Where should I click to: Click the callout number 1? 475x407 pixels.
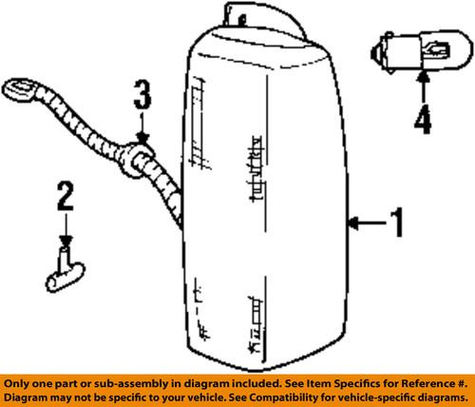click(x=396, y=223)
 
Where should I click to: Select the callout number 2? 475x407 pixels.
click(x=66, y=196)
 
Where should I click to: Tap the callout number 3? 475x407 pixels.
click(x=142, y=94)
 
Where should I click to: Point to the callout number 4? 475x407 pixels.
click(x=423, y=119)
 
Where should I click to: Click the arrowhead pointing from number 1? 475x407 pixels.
click(x=353, y=223)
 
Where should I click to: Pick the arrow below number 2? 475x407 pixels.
click(x=66, y=230)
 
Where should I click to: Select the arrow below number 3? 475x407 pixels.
click(x=142, y=126)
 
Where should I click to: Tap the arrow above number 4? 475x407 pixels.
click(x=424, y=87)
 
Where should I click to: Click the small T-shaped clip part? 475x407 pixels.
click(x=65, y=270)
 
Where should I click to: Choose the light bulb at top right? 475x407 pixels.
click(x=421, y=51)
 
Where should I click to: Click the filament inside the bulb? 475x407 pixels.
click(x=438, y=49)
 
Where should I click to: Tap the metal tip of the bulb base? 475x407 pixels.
click(x=373, y=53)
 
